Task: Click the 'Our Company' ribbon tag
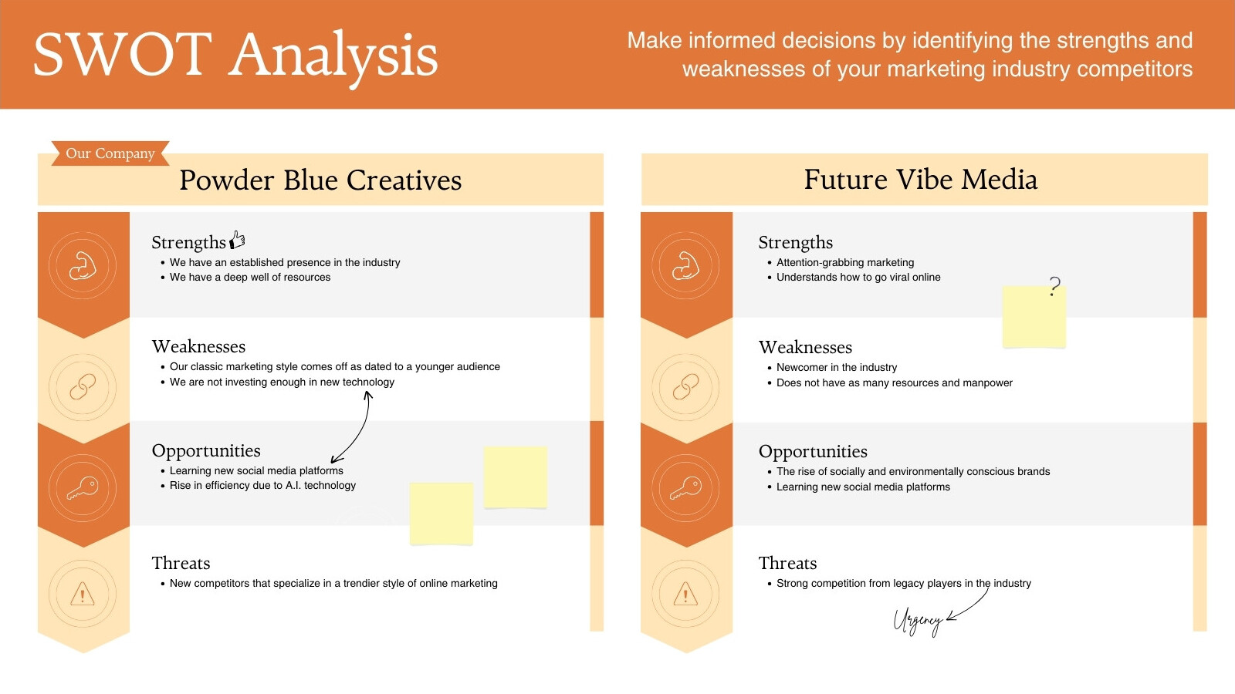110,153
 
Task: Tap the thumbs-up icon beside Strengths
238,240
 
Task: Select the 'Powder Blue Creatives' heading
320,180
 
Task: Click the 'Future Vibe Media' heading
921,180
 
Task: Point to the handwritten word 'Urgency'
918,622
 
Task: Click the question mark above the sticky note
1054,286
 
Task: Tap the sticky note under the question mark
1034,317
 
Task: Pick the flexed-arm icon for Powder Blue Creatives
83,266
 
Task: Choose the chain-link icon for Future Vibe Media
686,387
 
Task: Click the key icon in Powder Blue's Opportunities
83,488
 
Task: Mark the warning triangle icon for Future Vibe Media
686,594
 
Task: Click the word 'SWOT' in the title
123,55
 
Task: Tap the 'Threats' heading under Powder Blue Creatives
181,563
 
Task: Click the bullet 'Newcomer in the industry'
837,367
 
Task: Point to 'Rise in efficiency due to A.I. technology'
262,485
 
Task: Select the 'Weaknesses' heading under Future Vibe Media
806,347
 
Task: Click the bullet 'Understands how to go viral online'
858,277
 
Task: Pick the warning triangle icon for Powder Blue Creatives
83,594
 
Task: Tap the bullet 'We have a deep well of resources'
250,277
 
